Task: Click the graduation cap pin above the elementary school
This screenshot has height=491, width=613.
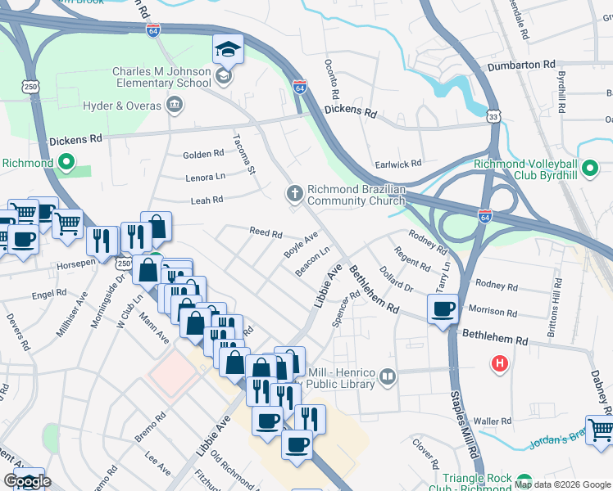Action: [228, 50]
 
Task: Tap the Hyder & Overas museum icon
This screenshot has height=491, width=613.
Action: [175, 105]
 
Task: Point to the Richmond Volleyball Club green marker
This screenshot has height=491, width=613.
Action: [589, 170]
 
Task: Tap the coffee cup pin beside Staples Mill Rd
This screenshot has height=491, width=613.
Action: [443, 310]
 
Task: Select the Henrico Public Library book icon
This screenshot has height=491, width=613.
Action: [388, 378]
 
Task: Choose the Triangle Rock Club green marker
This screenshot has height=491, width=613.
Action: [524, 481]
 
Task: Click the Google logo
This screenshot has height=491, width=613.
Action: [27, 482]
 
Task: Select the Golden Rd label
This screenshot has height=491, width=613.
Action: [203, 154]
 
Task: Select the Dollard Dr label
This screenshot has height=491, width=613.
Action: [397, 278]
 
